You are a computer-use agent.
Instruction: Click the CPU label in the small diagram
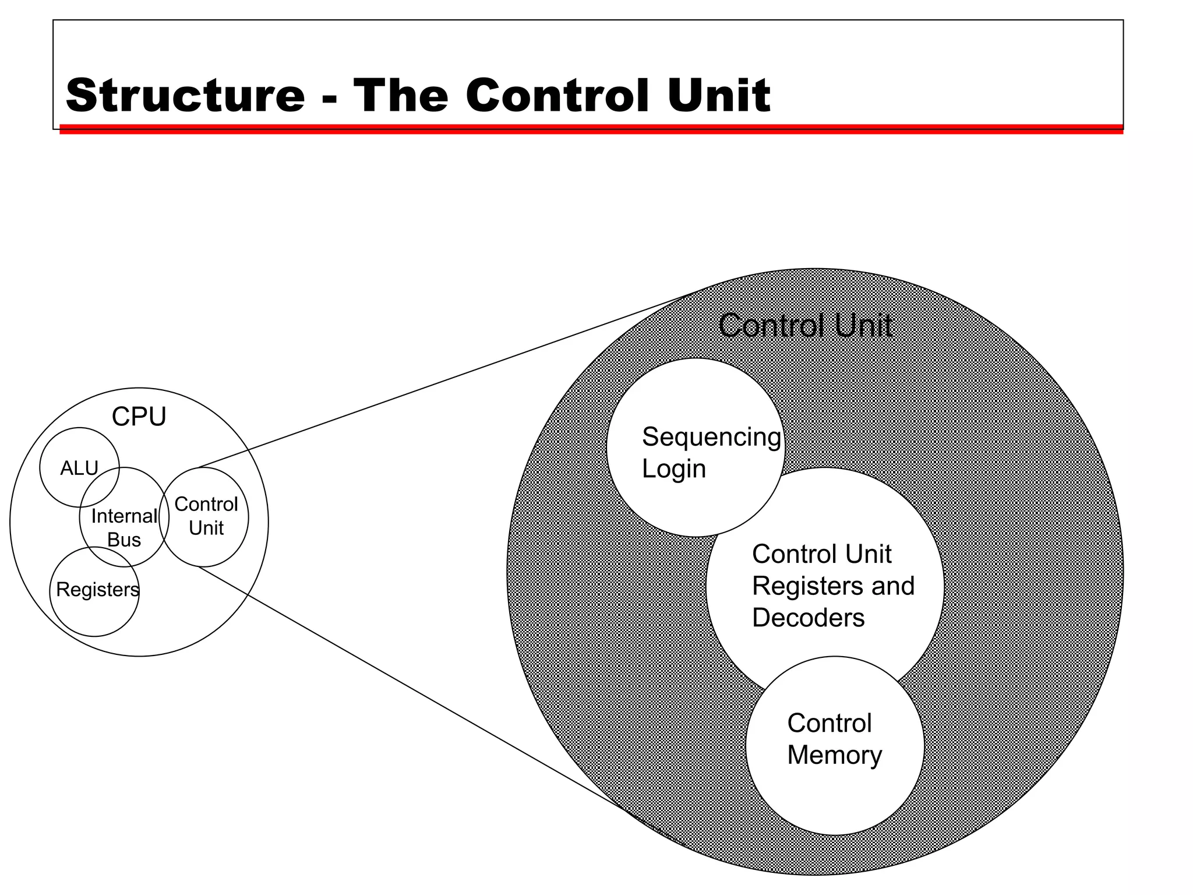(139, 417)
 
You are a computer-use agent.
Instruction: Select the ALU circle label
(79, 468)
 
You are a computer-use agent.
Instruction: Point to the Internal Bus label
(124, 527)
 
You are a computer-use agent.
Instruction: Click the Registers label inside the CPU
(97, 590)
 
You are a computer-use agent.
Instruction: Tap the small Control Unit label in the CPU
(206, 516)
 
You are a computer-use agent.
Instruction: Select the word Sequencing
(711, 437)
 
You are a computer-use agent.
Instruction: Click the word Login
(673, 469)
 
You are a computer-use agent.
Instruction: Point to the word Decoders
(808, 618)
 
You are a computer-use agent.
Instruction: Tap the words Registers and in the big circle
(833, 586)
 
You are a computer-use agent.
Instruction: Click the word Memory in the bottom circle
(834, 755)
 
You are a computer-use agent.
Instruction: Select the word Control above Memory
(829, 723)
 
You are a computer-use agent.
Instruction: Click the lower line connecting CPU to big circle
(408, 685)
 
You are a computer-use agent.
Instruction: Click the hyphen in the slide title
(329, 99)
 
